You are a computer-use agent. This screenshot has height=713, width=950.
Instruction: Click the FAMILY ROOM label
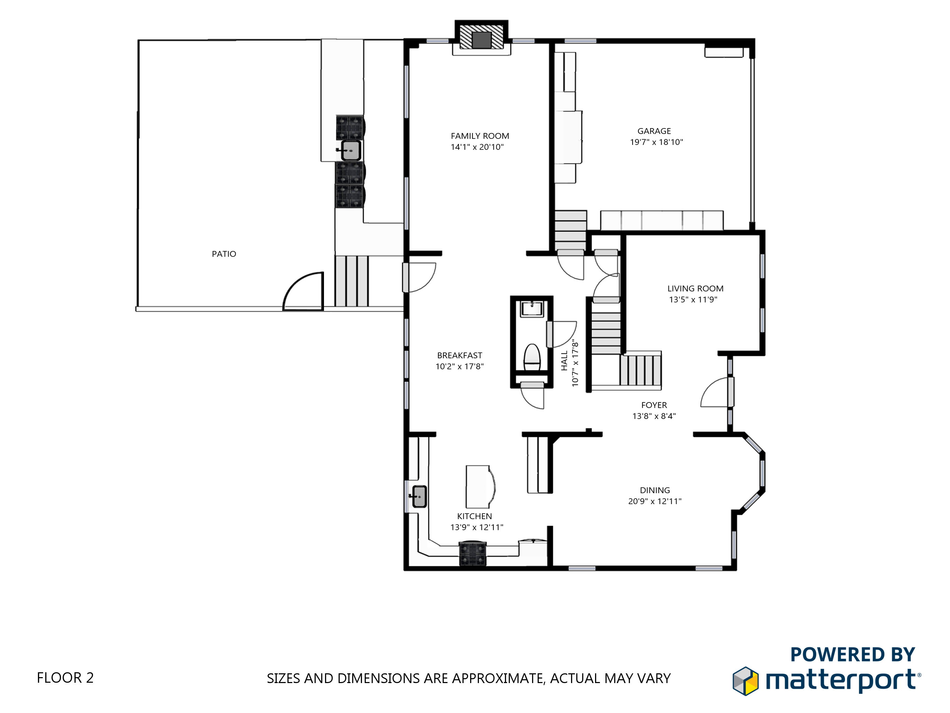480,136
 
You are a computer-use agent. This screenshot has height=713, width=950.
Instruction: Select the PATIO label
224,254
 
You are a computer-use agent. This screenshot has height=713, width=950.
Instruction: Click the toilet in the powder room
532,357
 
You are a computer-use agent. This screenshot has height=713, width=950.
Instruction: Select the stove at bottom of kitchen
473,554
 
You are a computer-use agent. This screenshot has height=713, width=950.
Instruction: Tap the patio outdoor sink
350,150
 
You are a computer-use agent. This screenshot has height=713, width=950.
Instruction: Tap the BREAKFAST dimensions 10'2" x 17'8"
460,367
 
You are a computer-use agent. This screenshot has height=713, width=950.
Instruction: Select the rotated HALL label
564,361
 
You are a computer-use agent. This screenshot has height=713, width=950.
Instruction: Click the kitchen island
479,486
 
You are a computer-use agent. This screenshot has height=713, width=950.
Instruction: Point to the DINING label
655,491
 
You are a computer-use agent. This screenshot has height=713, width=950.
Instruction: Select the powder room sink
532,308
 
